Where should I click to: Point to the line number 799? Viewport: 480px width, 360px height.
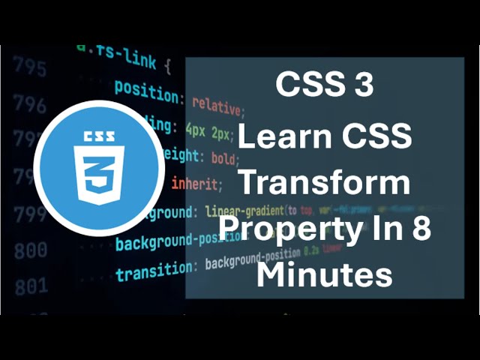[x=30, y=216]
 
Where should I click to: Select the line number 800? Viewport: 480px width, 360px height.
[x=30, y=250]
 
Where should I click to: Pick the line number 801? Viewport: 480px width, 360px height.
[x=30, y=285]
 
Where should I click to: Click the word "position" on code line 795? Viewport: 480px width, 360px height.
[x=147, y=89]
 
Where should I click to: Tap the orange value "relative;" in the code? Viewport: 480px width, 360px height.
[x=217, y=106]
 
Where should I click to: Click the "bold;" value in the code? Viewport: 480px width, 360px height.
[x=224, y=159]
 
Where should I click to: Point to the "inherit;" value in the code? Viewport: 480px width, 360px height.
[x=197, y=183]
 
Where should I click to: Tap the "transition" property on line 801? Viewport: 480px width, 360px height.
[x=153, y=271]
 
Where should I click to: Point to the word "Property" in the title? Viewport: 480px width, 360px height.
[x=289, y=229]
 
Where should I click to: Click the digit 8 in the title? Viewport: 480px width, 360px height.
[x=421, y=228]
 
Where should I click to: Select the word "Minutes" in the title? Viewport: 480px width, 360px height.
[x=324, y=274]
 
